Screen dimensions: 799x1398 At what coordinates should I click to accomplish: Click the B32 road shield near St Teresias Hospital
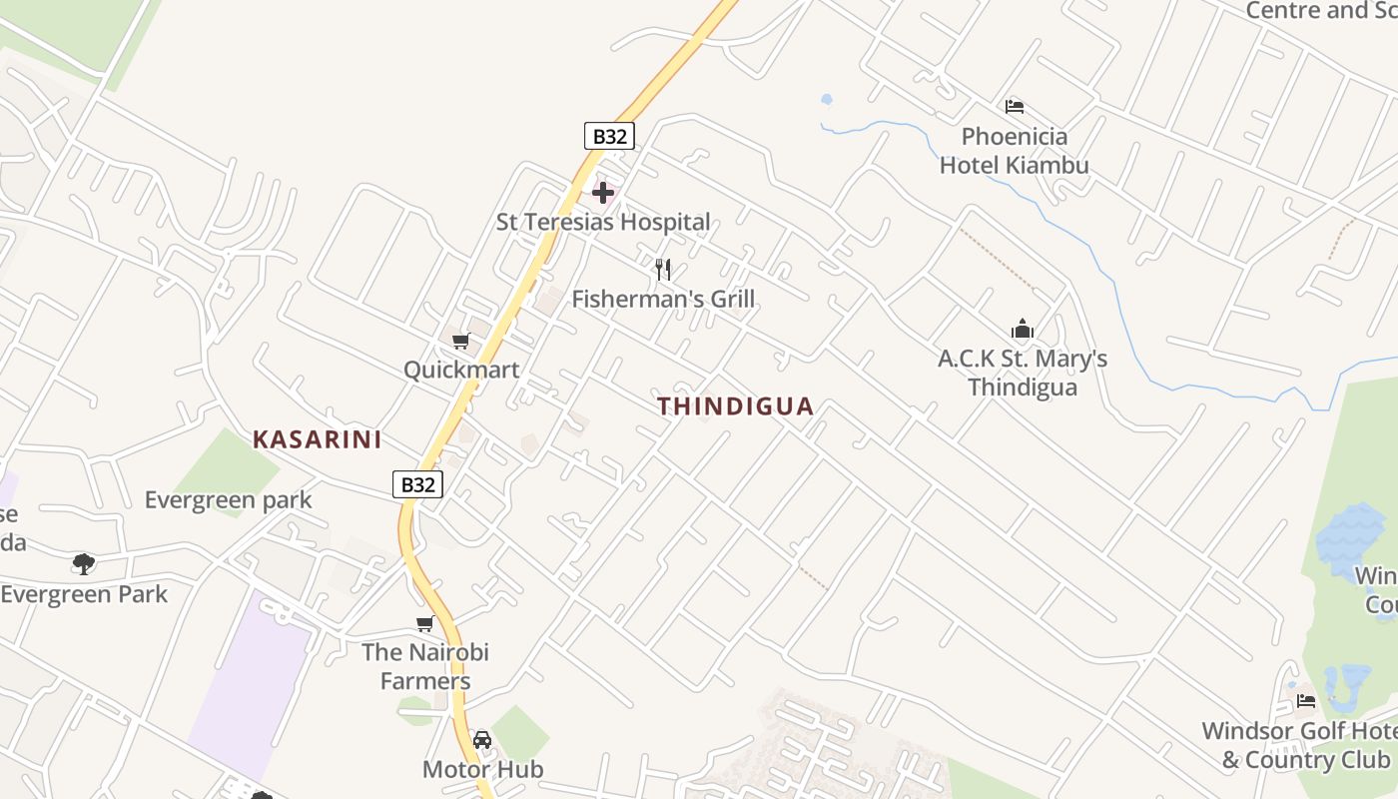609,136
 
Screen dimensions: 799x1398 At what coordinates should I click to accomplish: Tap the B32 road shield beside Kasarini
416,484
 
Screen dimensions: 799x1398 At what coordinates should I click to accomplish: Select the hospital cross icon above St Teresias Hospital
603,192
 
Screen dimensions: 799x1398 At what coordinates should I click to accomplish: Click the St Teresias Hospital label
603,222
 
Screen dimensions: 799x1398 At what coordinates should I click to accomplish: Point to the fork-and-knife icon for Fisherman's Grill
662,269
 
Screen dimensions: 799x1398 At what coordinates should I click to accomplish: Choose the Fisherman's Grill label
663,299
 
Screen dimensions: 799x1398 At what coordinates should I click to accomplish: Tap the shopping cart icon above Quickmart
461,342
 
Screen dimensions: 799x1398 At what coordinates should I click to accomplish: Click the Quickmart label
461,370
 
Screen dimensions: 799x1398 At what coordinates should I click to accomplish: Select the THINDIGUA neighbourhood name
736,406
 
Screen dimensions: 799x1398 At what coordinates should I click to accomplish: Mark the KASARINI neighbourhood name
318,439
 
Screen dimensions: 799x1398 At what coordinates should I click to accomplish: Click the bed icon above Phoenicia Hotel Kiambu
1015,107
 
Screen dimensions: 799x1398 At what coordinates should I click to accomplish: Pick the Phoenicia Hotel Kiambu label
1015,150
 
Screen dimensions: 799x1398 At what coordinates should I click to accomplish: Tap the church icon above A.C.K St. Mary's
1022,330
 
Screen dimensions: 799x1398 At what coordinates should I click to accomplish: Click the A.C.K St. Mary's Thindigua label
1023,373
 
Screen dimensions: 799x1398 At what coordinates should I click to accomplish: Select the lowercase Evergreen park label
229,499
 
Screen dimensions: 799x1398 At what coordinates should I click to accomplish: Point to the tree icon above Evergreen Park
84,564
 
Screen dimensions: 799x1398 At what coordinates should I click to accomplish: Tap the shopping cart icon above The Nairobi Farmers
425,624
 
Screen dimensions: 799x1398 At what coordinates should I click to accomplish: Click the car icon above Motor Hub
482,740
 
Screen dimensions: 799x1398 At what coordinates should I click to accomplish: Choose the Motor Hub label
483,769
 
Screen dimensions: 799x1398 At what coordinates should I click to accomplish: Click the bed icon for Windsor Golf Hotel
1306,701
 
